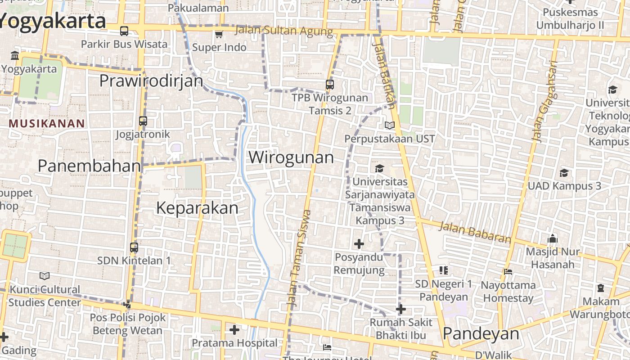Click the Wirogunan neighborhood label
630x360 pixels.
coord(291,157)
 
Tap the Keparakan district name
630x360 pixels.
coord(197,208)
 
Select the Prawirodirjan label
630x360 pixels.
coord(151,81)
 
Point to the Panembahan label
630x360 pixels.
coord(89,166)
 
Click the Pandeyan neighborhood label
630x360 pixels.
coord(481,334)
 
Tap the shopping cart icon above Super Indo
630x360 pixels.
coord(219,34)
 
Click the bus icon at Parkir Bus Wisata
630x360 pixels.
coord(124,31)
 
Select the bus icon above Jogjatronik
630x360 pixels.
coord(143,121)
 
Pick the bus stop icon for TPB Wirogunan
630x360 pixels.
coord(330,84)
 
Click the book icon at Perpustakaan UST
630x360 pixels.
coord(390,126)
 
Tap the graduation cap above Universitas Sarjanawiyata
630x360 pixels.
coord(380,168)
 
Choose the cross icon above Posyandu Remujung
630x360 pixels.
coord(359,244)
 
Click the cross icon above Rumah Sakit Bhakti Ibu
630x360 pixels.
coord(401,309)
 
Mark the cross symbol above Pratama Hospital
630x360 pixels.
coord(234,330)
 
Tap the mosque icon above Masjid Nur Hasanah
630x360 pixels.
coord(553,238)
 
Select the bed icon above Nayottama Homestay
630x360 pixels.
coord(508,271)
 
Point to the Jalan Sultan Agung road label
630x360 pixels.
coord(284,31)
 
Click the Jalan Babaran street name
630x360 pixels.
coord(475,232)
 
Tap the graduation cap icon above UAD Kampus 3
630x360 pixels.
coord(564,173)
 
